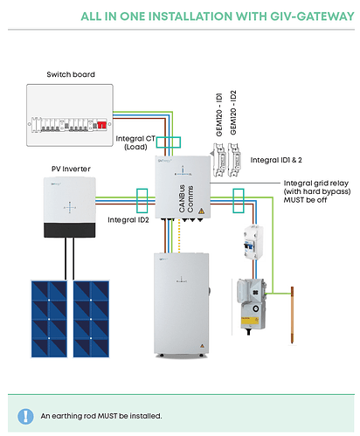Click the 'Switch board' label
pos(71,74)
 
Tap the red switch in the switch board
pos(101,125)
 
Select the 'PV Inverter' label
pos(71,169)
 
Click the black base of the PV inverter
pos(70,230)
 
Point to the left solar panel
pos(49,319)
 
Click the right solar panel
pos(91,319)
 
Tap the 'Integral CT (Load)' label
pos(135,142)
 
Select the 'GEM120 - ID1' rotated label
pos(219,114)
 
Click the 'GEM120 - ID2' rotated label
pos(233,113)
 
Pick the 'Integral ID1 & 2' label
pos(276,160)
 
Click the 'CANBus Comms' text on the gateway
pos(186,198)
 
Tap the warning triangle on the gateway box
pos(201,211)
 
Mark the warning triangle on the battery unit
pos(202,346)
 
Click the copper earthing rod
pos(292,315)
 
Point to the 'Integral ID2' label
pos(128,220)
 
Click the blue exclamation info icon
pos(25,416)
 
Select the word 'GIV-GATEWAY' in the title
pos(312,17)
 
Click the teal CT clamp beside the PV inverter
pos(142,201)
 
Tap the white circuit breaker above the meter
pos(253,242)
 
